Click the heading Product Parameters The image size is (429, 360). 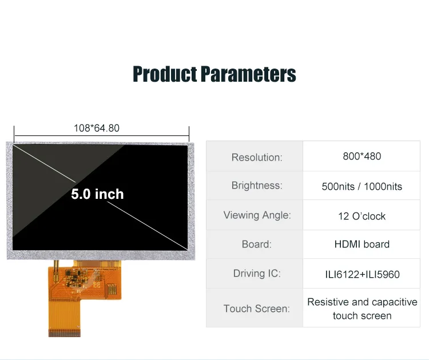[214, 74]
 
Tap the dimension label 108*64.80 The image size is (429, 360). [96, 128]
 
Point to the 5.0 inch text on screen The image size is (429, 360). [97, 194]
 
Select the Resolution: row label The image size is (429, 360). [257, 157]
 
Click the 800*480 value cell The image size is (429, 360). [362, 156]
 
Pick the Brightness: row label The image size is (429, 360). [257, 186]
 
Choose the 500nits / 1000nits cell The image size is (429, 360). [362, 186]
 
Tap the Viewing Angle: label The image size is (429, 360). [257, 215]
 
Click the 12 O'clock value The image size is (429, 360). [362, 216]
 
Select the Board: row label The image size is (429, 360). [257, 244]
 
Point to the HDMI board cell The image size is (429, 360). [362, 244]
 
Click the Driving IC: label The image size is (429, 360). [257, 273]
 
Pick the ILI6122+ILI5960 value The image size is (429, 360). [362, 274]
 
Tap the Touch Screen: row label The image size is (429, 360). [257, 309]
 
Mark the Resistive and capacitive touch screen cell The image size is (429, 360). [362, 309]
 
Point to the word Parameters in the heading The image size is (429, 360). [248, 74]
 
